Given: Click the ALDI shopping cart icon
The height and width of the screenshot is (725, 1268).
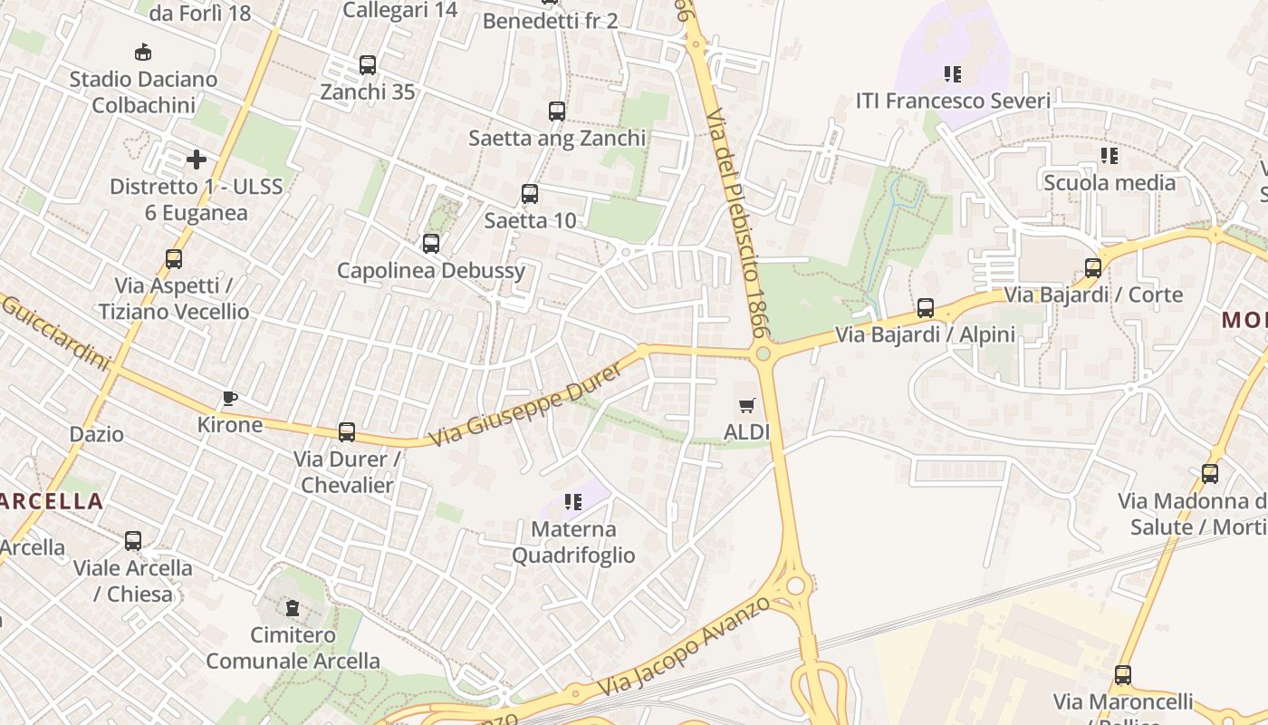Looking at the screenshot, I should tap(746, 405).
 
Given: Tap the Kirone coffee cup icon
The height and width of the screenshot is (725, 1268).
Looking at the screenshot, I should tap(230, 398).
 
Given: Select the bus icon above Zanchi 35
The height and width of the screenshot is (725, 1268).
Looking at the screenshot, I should tap(367, 65).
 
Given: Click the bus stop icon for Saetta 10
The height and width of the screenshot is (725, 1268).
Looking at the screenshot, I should tap(530, 194).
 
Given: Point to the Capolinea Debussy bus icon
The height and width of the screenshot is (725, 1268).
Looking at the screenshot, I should tap(431, 244).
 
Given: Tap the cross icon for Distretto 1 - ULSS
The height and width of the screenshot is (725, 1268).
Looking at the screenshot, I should tap(197, 160).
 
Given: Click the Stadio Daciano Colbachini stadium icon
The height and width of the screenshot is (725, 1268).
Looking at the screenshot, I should tap(143, 53).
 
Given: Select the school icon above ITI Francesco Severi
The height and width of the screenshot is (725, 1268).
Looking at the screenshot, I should tap(952, 74).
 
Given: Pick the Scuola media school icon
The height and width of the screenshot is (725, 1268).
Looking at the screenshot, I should tap(1109, 156).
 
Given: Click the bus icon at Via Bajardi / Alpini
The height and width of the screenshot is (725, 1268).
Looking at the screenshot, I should tap(925, 308).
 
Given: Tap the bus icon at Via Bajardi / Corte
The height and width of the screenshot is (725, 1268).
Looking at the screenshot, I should tap(1093, 268).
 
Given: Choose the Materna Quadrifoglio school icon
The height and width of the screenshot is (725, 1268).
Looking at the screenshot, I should tap(572, 502).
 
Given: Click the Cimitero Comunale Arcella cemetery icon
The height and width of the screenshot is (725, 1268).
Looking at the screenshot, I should tap(293, 608).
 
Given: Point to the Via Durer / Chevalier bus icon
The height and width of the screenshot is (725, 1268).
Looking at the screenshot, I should tap(347, 432).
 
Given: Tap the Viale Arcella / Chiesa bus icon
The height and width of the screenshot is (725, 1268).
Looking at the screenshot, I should tap(133, 542).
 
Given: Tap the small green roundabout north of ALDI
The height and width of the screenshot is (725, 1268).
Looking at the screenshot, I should tap(763, 353).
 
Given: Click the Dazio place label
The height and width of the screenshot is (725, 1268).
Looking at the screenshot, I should tap(97, 434).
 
